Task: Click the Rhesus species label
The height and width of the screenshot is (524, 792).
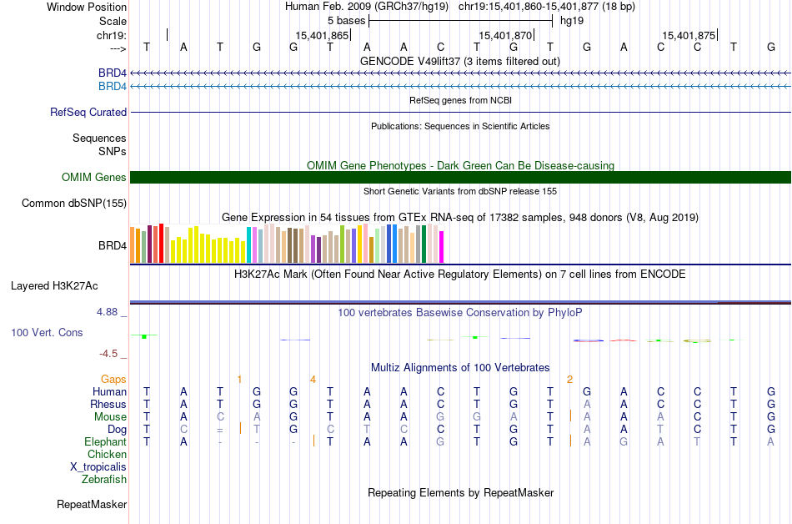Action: [x=108, y=404]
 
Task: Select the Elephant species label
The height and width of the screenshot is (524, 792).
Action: [x=106, y=441]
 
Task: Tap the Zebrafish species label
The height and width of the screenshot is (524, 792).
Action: [x=104, y=479]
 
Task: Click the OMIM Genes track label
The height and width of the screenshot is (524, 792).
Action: [x=94, y=177]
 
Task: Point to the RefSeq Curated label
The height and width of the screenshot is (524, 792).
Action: [x=88, y=112]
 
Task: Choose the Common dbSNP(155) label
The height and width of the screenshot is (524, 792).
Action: [x=74, y=203]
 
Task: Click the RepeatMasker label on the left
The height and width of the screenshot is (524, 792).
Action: [x=92, y=504]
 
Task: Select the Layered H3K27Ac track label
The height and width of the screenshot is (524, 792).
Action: [x=54, y=285]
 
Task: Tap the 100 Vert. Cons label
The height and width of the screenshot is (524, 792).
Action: [x=47, y=332]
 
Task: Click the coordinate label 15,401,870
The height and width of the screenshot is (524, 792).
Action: [x=505, y=35]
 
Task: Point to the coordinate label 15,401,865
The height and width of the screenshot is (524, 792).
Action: [x=322, y=35]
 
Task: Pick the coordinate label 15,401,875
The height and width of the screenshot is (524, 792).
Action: [x=689, y=35]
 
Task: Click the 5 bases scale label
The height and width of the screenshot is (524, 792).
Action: [x=346, y=20]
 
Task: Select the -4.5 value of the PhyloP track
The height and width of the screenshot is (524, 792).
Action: [x=110, y=353]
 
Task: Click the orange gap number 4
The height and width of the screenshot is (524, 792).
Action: [x=313, y=379]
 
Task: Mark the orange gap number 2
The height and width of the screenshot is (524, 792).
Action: [x=569, y=379]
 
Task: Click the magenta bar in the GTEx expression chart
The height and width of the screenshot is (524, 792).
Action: [x=442, y=247]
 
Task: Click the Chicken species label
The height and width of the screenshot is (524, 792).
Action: [x=108, y=454]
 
